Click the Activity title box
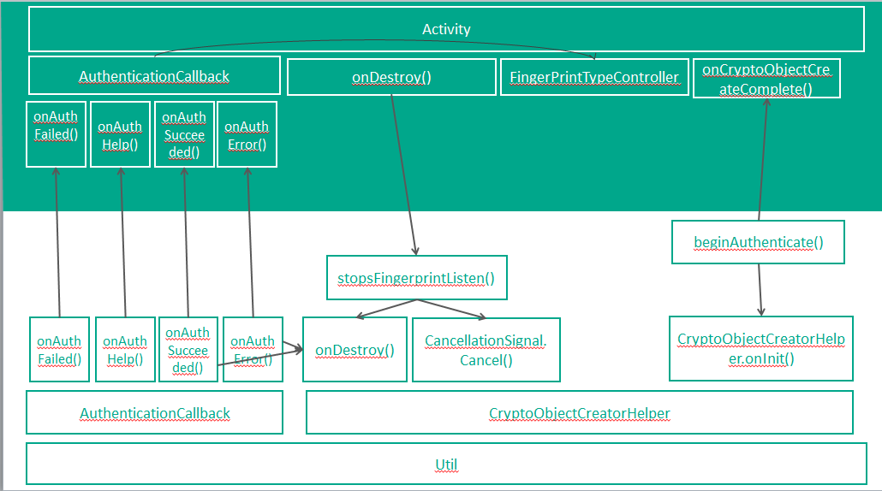(446, 29)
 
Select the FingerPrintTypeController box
(594, 77)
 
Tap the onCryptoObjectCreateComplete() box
(766, 79)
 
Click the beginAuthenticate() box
(758, 242)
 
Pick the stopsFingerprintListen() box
(417, 277)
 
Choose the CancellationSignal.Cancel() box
(486, 350)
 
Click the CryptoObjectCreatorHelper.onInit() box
(761, 349)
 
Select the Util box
(446, 464)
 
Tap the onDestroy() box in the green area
(391, 77)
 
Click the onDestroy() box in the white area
(355, 350)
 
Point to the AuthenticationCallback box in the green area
(154, 75)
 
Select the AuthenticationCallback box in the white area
(155, 413)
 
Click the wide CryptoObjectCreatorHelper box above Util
(580, 413)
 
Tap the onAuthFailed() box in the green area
(56, 134)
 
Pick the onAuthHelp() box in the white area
(125, 350)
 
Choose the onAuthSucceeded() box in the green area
(184, 134)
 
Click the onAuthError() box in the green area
(247, 134)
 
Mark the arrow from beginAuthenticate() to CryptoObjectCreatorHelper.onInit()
(760, 290)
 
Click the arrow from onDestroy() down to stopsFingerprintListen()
(404, 175)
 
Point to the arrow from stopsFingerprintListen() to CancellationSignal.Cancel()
(451, 309)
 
